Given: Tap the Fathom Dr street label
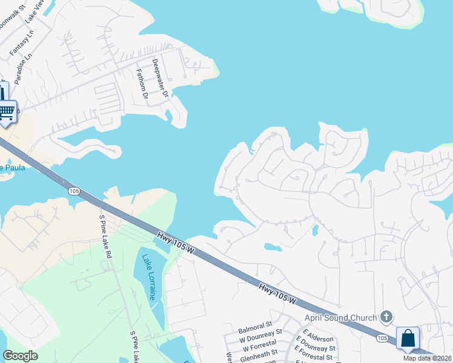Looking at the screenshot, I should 142,83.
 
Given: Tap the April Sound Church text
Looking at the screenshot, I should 344,317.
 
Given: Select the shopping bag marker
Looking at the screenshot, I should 408,338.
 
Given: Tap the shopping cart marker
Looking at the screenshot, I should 7,111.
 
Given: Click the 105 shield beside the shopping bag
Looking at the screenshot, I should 382,338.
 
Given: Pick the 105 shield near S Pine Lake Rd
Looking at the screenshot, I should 74,191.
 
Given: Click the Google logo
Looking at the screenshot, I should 20,356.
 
